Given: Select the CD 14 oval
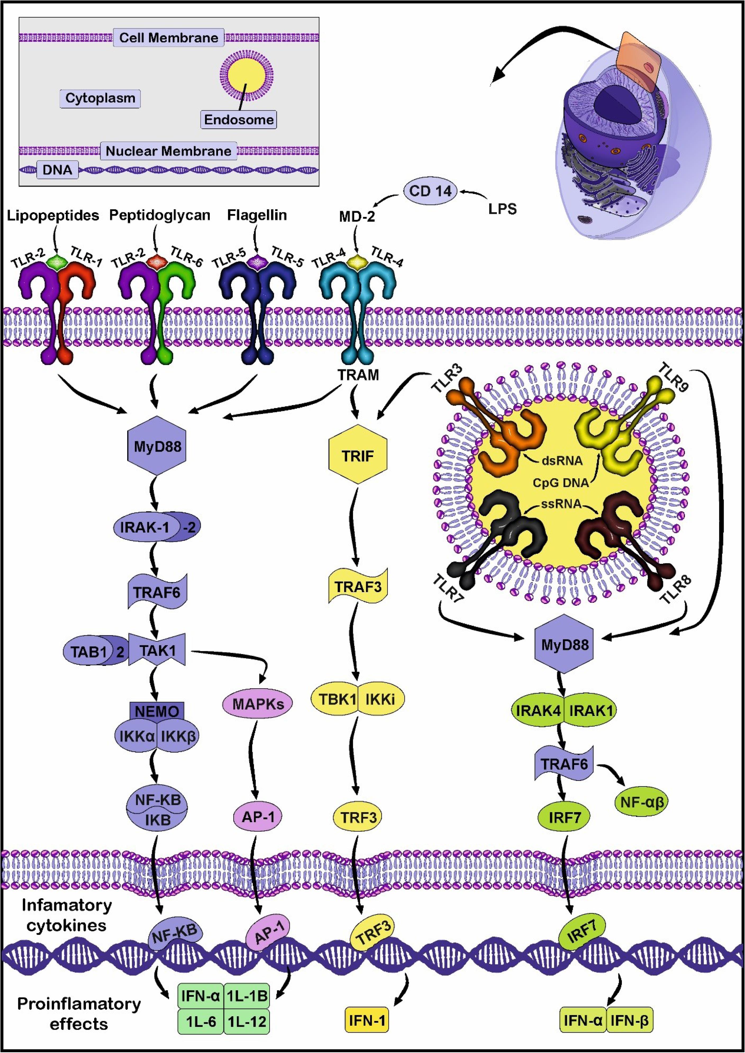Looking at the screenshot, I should [x=430, y=191].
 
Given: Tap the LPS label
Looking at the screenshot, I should [x=502, y=209].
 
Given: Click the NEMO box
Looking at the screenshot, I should [x=157, y=711].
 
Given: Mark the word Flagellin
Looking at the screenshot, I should [x=257, y=215].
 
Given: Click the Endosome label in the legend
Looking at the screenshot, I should [x=239, y=120].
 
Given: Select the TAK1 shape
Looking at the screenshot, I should [x=157, y=650].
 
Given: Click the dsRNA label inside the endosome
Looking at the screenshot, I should [x=562, y=460].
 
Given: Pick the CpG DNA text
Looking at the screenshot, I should [x=561, y=483].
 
